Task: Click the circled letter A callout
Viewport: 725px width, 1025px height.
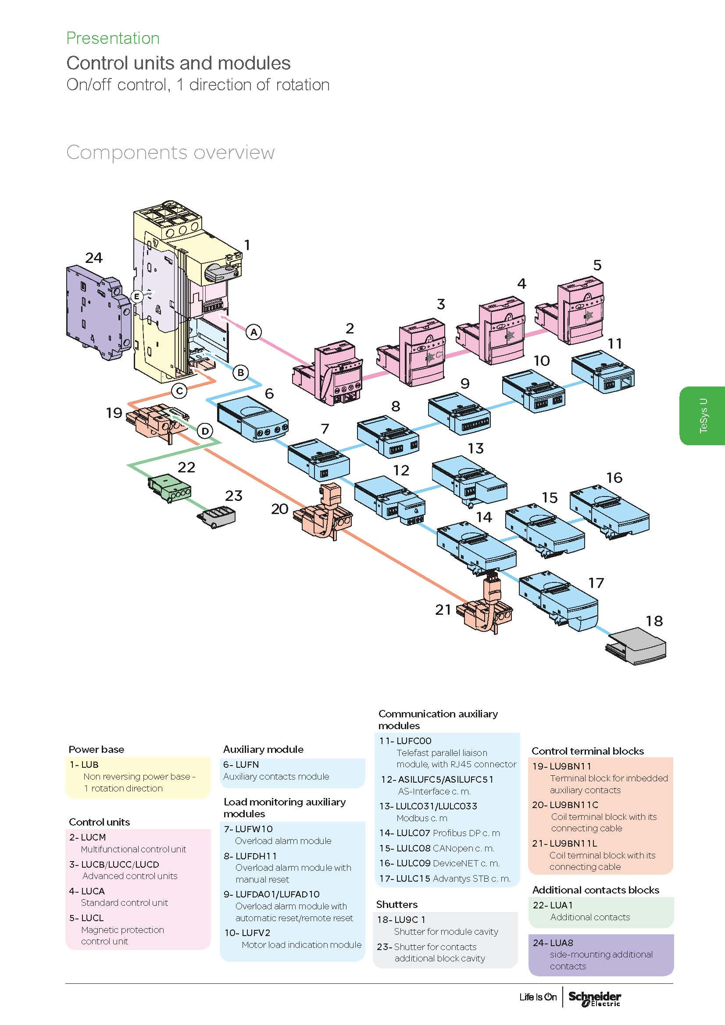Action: [x=254, y=332]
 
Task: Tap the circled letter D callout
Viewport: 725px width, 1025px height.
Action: [x=205, y=431]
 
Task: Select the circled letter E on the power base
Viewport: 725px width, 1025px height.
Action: [x=137, y=296]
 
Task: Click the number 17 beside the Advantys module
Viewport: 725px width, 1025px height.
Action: [x=596, y=583]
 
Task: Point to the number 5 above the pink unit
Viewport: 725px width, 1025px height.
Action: [x=597, y=265]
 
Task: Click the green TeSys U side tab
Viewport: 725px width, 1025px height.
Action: [x=703, y=415]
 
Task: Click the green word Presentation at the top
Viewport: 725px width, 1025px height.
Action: [x=113, y=39]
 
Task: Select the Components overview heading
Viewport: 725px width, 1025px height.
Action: [x=170, y=153]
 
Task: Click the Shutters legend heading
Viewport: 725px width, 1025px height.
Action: [x=396, y=904]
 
